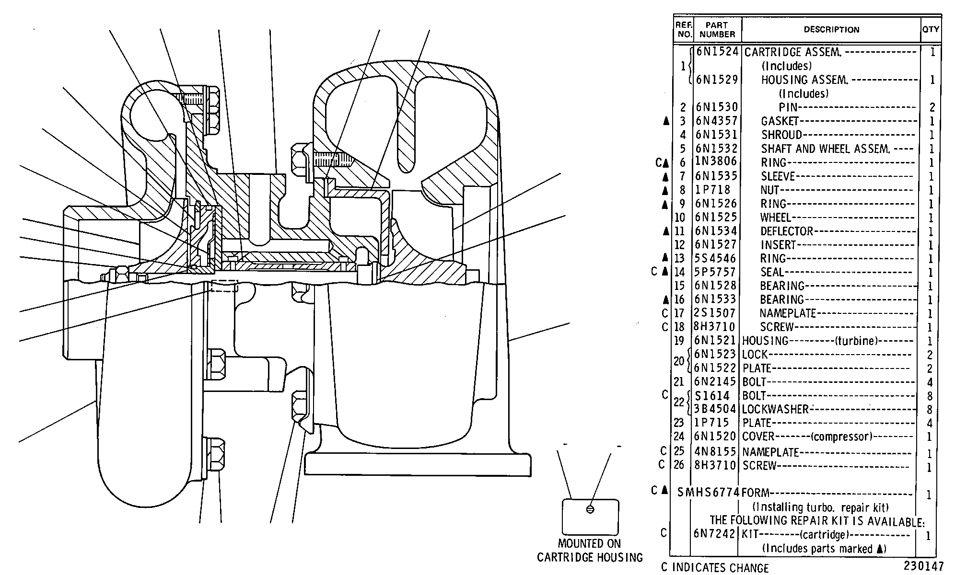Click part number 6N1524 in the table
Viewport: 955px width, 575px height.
(x=717, y=52)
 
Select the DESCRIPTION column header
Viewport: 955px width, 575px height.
(x=831, y=30)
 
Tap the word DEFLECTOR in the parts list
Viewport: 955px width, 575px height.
(x=787, y=231)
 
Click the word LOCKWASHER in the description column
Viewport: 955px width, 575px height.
(x=775, y=409)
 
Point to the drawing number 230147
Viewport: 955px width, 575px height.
(x=924, y=566)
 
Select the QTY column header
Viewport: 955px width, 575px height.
(x=931, y=29)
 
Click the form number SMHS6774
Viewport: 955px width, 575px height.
(x=709, y=492)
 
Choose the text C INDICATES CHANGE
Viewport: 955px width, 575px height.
(x=714, y=568)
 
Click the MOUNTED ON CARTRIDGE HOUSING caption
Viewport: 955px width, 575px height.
(x=590, y=551)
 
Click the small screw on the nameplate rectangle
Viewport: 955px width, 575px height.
(x=590, y=509)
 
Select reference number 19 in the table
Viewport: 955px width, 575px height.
(x=679, y=341)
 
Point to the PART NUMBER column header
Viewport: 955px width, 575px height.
(x=717, y=30)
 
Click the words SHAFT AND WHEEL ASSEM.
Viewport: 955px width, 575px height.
(x=825, y=149)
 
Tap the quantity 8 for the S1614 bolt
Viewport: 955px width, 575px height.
(x=930, y=396)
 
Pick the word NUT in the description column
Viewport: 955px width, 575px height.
(x=770, y=190)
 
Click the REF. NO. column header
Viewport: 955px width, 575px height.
(x=684, y=30)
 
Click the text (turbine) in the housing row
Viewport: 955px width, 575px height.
(x=856, y=341)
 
